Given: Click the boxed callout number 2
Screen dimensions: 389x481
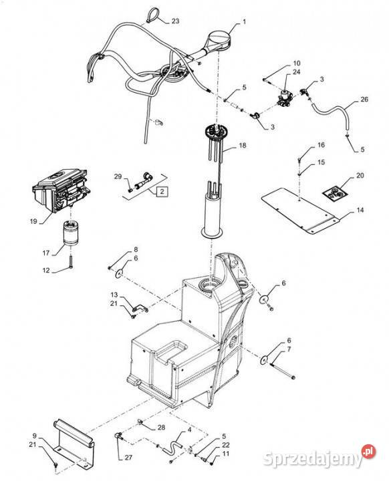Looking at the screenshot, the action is [x=162, y=192].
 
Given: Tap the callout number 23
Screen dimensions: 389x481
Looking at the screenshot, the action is [x=175, y=21].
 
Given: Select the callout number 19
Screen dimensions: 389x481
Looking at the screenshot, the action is [x=33, y=221].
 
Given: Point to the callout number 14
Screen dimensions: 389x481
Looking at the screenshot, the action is [x=360, y=210].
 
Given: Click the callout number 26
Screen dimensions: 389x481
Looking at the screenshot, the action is [x=364, y=100].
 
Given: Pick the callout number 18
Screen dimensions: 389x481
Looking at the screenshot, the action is [x=243, y=145].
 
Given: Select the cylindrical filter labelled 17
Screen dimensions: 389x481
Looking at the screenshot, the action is [x=71, y=233].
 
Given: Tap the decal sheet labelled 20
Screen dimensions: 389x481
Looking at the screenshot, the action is [x=335, y=194].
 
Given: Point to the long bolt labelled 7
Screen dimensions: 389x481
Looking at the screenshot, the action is [x=283, y=371].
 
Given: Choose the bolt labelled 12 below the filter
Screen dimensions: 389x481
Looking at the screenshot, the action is [x=71, y=263].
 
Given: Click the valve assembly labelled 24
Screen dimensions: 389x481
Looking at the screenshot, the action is [x=284, y=98].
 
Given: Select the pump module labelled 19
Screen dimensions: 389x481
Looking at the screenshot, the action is [x=59, y=190].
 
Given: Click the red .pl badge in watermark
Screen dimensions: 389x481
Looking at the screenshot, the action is [x=368, y=452].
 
